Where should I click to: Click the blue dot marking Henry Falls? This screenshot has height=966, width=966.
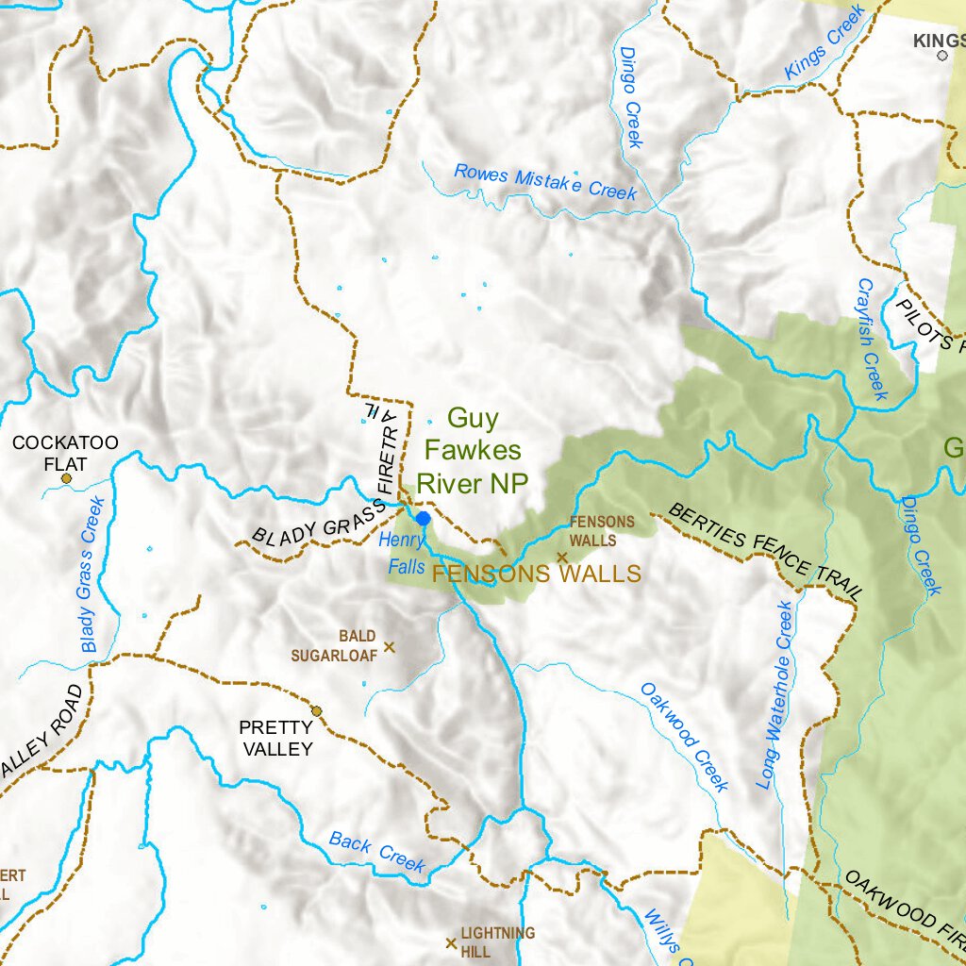[x=424, y=518]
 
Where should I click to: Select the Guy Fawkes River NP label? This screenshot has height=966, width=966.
[x=473, y=450]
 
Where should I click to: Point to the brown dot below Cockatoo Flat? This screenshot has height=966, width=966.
[x=66, y=478]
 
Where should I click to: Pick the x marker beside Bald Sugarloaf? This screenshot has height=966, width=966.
[x=389, y=647]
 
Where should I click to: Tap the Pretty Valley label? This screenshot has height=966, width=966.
[x=275, y=738]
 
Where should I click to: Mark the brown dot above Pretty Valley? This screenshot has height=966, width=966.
[x=317, y=710]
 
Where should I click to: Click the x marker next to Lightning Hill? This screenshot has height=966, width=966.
[x=451, y=942]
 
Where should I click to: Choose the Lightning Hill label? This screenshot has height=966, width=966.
[x=497, y=941]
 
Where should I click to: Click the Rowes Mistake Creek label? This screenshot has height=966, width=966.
[x=545, y=181]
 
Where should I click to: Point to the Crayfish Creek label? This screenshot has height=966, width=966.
[x=873, y=339]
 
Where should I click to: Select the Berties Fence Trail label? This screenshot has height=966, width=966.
[x=765, y=552]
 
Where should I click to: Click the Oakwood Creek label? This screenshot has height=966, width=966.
[x=685, y=737]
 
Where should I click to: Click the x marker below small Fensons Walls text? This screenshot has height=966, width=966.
[x=562, y=558]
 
